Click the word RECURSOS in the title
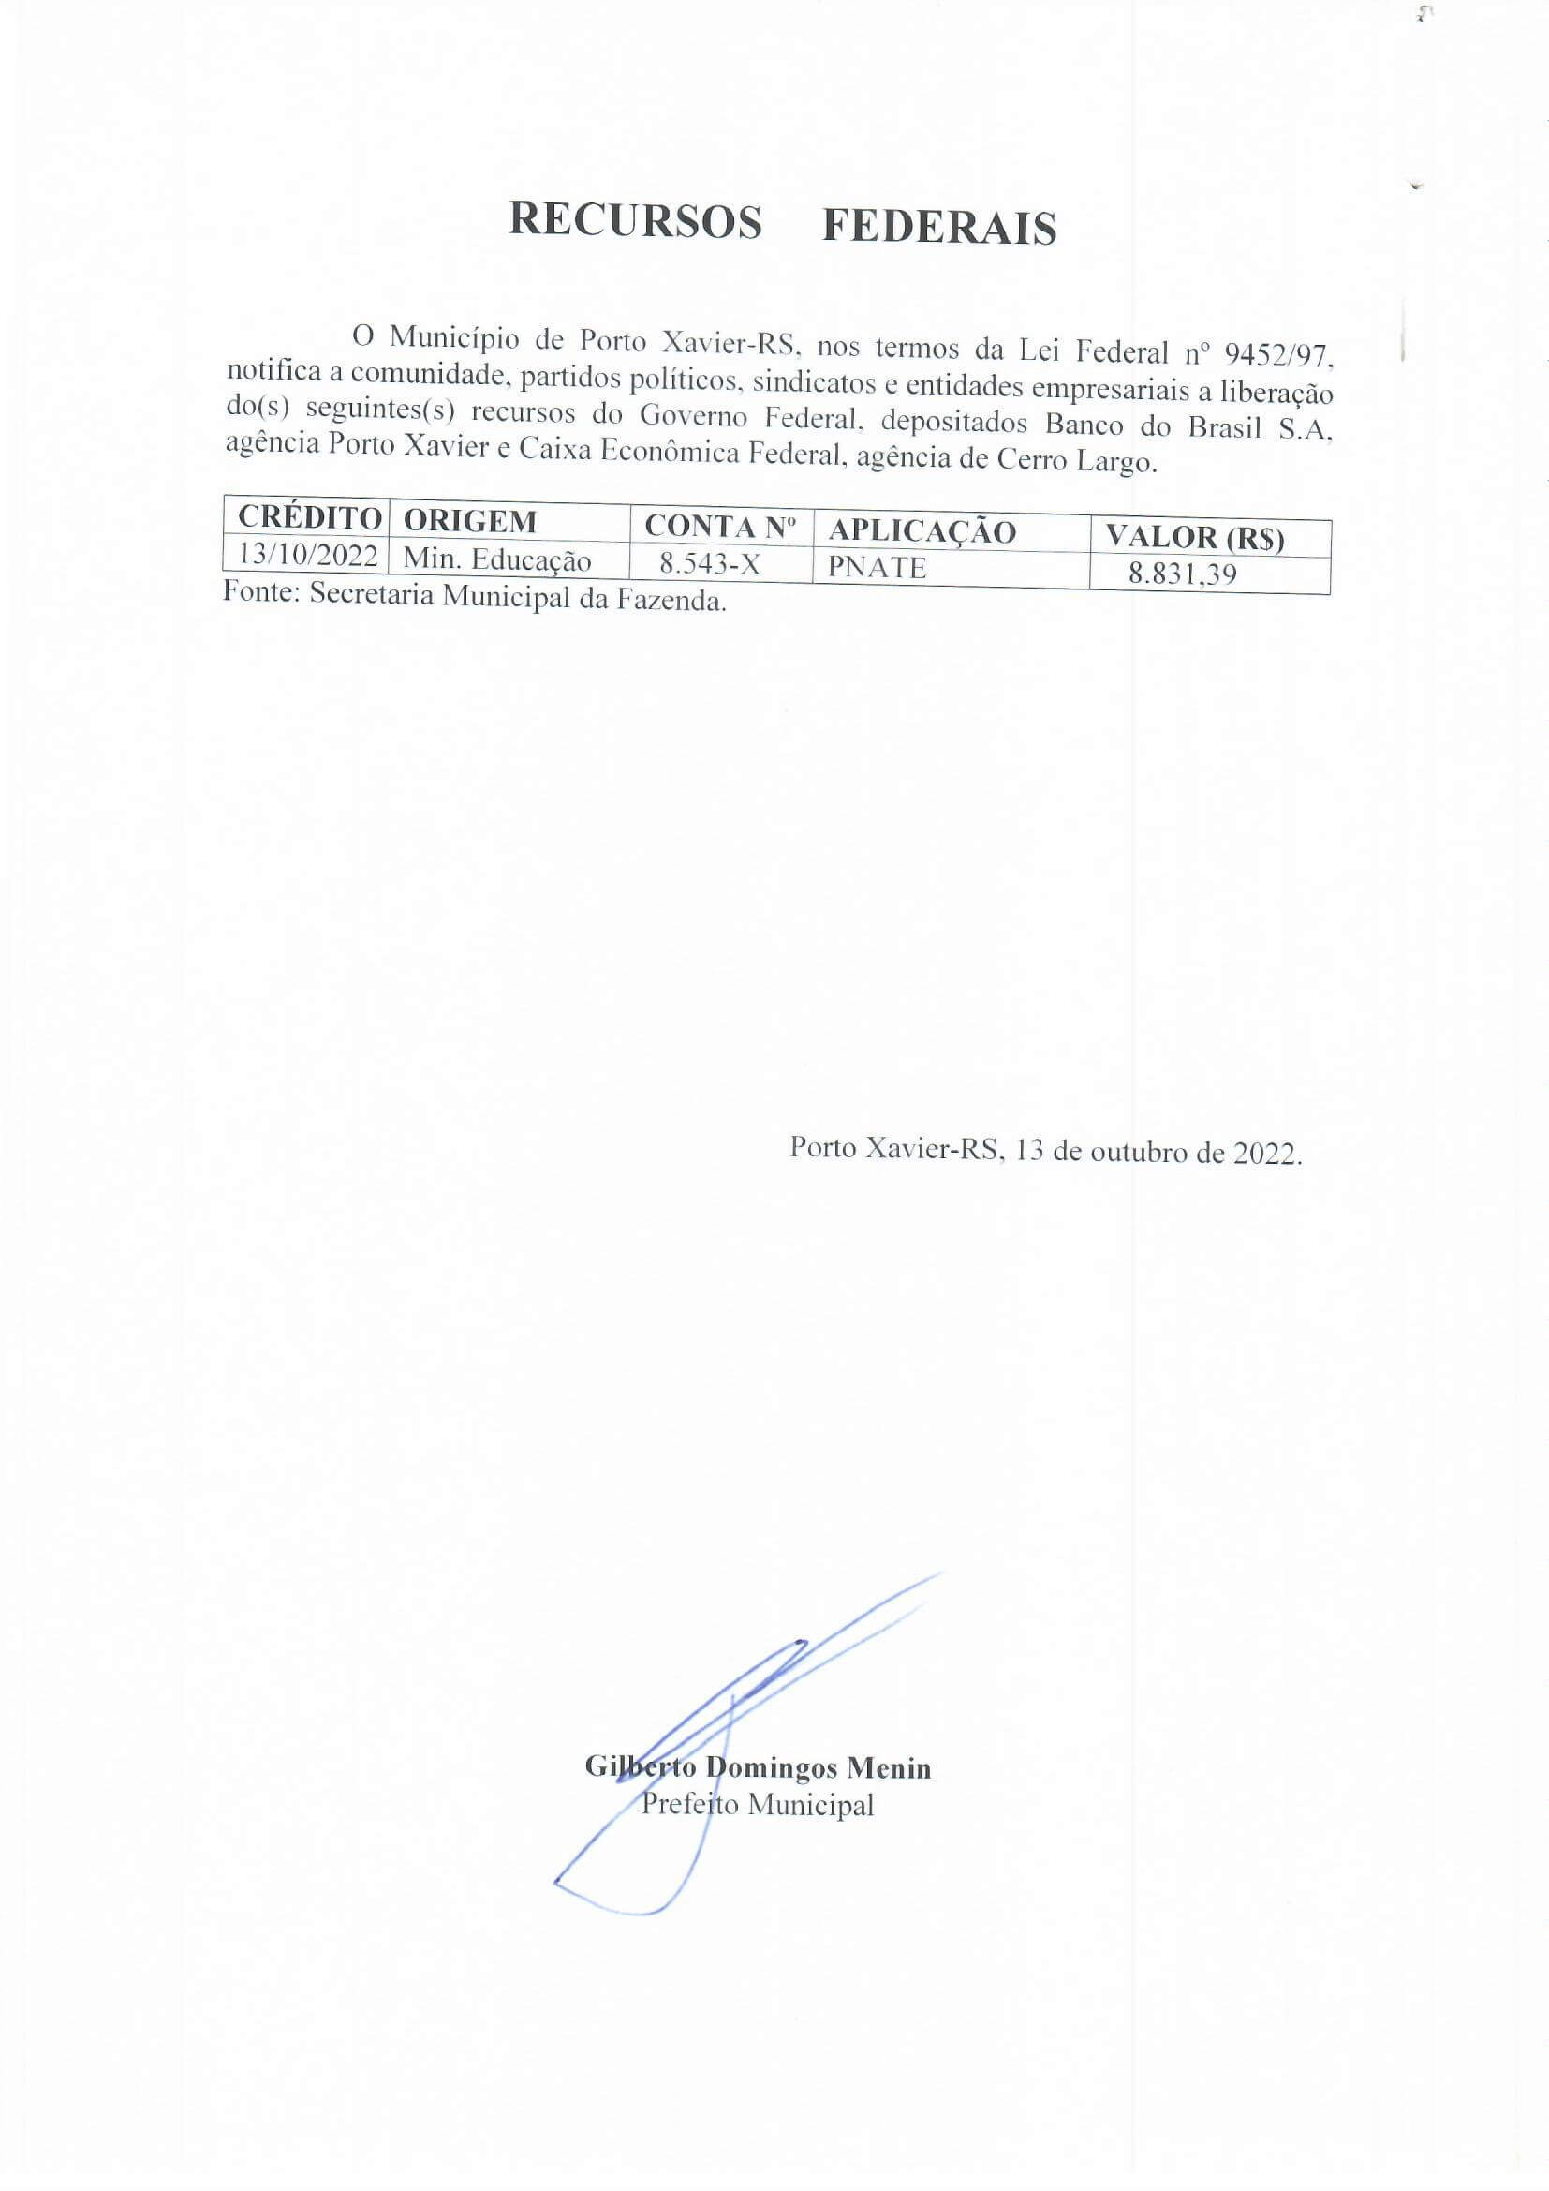[x=635, y=221]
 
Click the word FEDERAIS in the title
[x=938, y=228]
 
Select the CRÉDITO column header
[x=309, y=517]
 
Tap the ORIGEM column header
[x=469, y=521]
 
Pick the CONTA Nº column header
[x=720, y=526]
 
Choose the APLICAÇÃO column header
[x=922, y=531]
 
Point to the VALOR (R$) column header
[x=1194, y=537]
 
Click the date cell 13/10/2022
[x=309, y=554]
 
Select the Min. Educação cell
[x=497, y=559]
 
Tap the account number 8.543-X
[x=710, y=564]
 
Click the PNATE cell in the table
[x=877, y=568]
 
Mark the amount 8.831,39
[x=1182, y=574]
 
